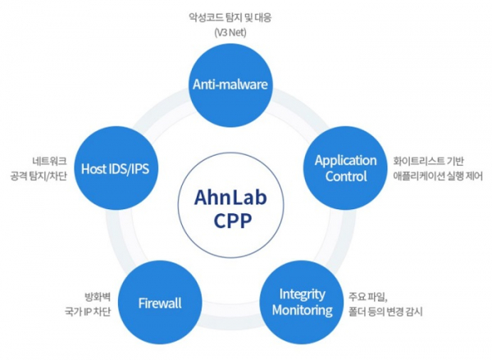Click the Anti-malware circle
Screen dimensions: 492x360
pyautogui.click(x=230, y=84)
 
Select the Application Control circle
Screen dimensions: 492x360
pyautogui.click(x=345, y=168)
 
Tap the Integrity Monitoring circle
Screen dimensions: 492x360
pyautogui.click(x=302, y=303)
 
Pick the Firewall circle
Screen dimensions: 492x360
pyautogui.click(x=160, y=303)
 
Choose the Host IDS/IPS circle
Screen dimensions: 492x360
pyautogui.click(x=115, y=169)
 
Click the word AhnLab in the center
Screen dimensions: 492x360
pyautogui.click(x=230, y=198)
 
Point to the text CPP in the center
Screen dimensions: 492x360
pyautogui.click(x=233, y=221)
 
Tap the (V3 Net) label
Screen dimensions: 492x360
pyautogui.click(x=230, y=32)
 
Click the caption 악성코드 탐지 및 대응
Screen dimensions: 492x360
pyautogui.click(x=230, y=17)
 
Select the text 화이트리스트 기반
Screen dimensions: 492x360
pyautogui.click(x=428, y=161)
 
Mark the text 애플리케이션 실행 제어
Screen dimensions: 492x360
pyautogui.click(x=438, y=176)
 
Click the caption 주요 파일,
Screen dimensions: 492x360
pyautogui.click(x=368, y=296)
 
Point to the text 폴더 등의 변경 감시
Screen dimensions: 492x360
pyautogui.click(x=385, y=312)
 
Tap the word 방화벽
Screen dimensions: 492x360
pyautogui.click(x=98, y=297)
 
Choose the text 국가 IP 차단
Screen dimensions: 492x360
pyautogui.click(x=88, y=312)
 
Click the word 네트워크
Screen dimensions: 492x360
pyautogui.click(x=49, y=162)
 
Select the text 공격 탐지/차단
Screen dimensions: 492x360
pyautogui.click(x=39, y=176)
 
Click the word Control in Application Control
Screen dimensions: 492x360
pyautogui.click(x=346, y=176)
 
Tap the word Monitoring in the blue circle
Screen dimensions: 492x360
pyautogui.click(x=302, y=310)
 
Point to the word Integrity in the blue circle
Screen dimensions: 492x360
pyautogui.click(x=302, y=294)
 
